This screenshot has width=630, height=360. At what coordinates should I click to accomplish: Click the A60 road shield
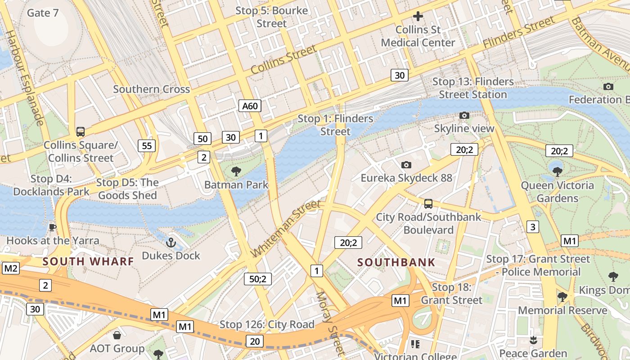click(250, 106)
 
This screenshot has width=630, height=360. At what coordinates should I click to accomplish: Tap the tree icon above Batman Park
click(236, 171)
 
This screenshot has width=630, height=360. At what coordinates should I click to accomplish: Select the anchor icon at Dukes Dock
click(171, 243)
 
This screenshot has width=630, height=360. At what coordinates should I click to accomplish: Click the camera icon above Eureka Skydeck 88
click(406, 165)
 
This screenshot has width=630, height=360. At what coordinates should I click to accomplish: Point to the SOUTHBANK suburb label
click(396, 262)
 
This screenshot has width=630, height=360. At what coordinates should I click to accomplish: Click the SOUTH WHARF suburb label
click(88, 261)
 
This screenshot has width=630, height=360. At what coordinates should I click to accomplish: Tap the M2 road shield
click(11, 269)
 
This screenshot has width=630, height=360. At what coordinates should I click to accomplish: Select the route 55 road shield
click(147, 145)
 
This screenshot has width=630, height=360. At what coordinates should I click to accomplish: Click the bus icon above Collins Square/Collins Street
click(81, 131)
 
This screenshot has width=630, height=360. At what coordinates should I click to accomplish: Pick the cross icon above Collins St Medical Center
click(418, 16)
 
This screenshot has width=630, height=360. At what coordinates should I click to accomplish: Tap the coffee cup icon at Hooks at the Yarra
click(52, 227)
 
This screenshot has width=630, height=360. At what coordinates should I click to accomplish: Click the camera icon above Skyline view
click(464, 116)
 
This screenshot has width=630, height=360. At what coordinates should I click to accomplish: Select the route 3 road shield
click(533, 226)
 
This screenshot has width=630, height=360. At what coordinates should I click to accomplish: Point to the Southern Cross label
click(151, 89)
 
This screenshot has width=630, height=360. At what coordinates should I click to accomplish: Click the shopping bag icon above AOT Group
click(117, 335)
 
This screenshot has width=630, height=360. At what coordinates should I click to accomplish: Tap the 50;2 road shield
click(258, 279)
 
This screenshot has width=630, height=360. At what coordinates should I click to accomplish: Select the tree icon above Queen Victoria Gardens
click(558, 171)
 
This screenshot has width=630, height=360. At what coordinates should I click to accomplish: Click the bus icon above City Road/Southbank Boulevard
click(428, 204)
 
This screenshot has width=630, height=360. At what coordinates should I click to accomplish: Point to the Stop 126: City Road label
click(267, 324)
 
